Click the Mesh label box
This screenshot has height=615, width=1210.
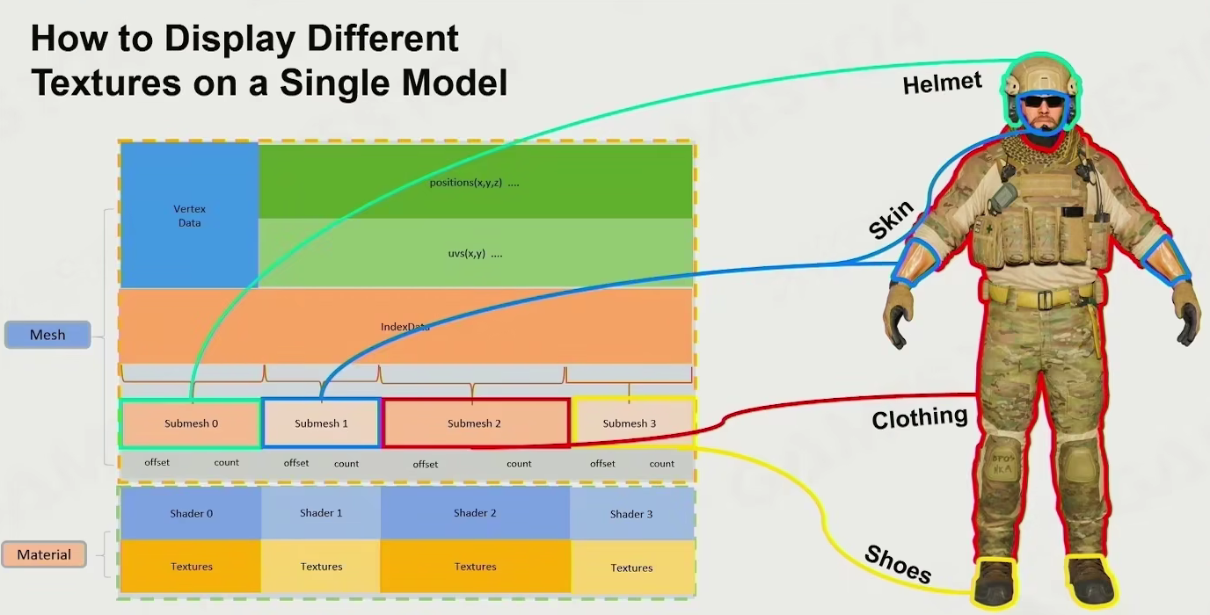pos(47,335)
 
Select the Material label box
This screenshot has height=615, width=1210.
pos(44,554)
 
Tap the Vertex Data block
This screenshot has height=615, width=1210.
pos(189,215)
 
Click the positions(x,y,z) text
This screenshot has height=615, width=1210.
pos(474,183)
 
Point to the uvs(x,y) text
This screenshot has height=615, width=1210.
pos(475,254)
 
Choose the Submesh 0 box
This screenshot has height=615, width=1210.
pos(191,423)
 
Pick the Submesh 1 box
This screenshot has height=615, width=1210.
pos(321,423)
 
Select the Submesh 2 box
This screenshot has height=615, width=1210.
pos(475,423)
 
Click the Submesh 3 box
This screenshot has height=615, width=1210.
pos(630,423)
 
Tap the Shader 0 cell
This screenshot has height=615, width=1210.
pos(191,513)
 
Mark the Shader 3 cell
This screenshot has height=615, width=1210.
pos(631,514)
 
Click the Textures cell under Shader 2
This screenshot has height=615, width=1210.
pos(475,567)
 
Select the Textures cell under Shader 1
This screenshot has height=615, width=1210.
pos(321,567)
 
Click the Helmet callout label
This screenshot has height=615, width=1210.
pos(942,83)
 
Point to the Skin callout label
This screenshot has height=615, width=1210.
pos(891,220)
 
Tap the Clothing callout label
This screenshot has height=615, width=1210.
pos(919,417)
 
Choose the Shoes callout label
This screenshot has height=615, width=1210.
pos(898,565)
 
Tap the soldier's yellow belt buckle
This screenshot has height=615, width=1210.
pos(1044,300)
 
